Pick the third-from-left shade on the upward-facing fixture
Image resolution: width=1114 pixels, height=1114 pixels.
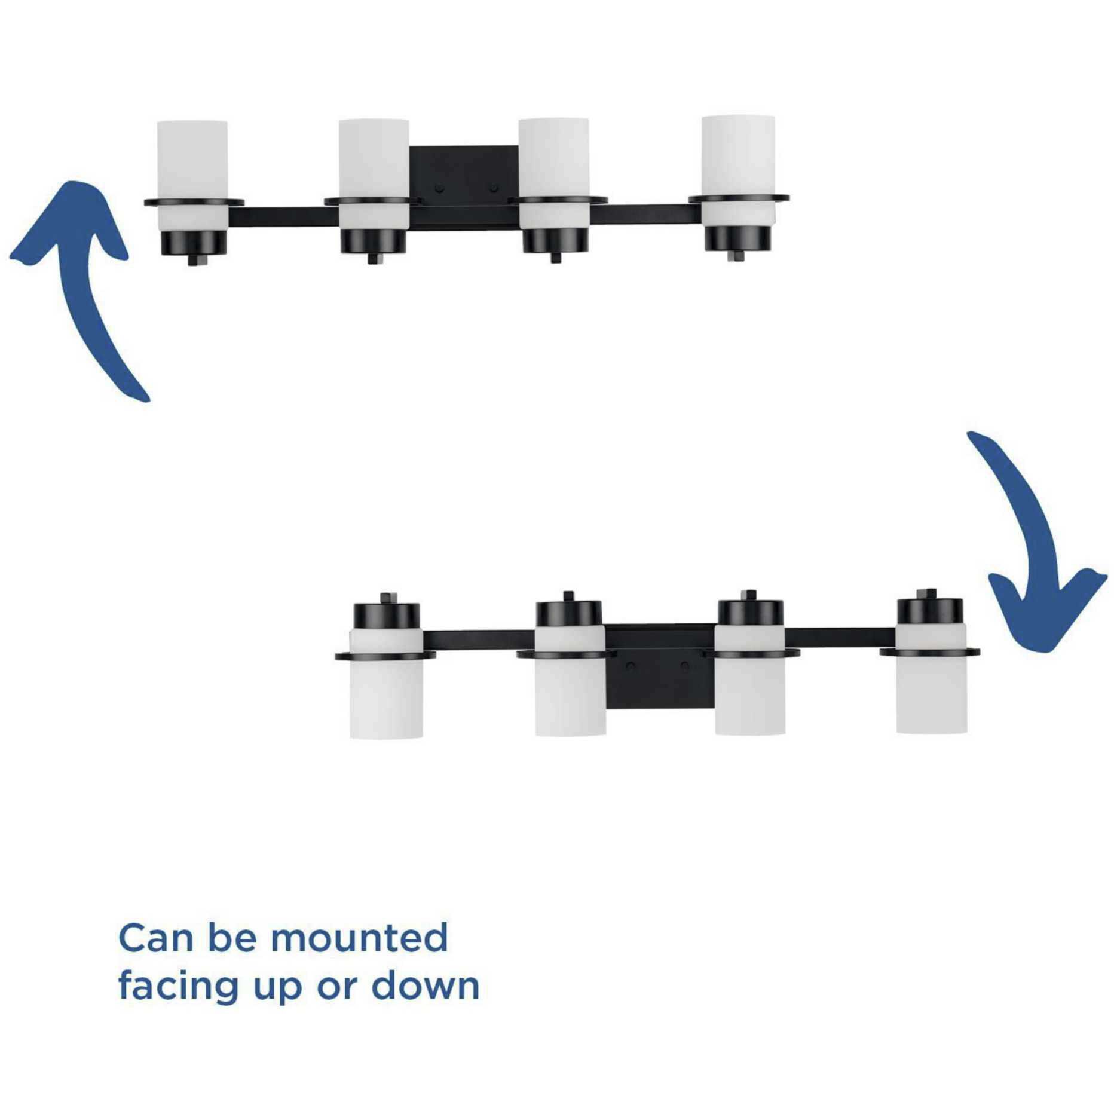tap(553, 173)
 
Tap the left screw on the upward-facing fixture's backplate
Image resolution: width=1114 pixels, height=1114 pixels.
tap(439, 188)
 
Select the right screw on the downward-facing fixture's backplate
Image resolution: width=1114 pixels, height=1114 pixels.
tap(685, 666)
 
